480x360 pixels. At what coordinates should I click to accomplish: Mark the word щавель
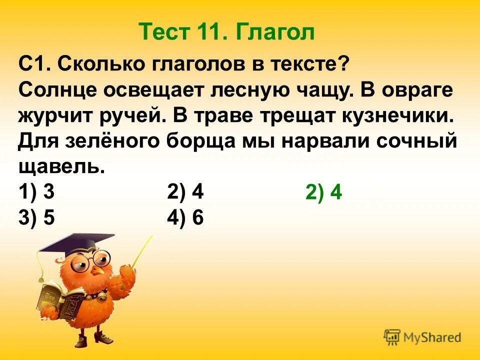pyautogui.click(x=61, y=167)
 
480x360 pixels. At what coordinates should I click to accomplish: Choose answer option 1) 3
pyautogui.click(x=36, y=192)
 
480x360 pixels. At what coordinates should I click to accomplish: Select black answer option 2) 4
pyautogui.click(x=185, y=192)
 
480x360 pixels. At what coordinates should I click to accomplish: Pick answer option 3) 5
pyautogui.click(x=36, y=218)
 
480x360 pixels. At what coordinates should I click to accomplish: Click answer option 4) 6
pyautogui.click(x=185, y=218)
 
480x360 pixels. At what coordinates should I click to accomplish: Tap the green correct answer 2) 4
pyautogui.click(x=323, y=193)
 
